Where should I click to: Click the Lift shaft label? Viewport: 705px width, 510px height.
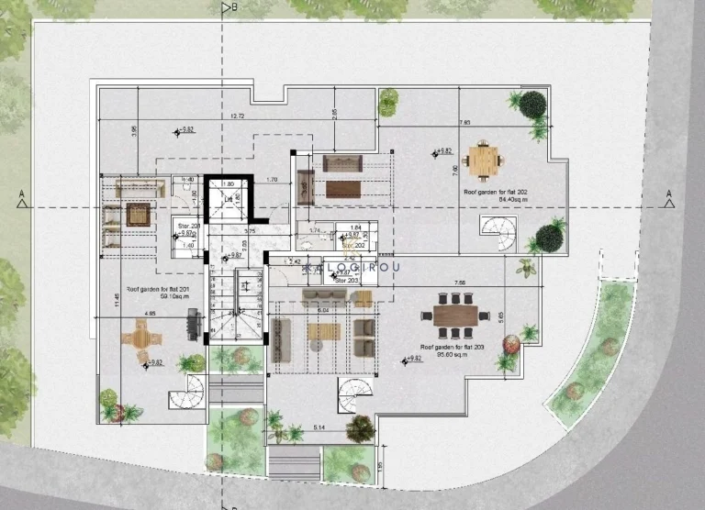(228, 198)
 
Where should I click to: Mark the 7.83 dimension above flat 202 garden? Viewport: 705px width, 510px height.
(464, 121)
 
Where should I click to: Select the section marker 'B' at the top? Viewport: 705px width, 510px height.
(235, 7)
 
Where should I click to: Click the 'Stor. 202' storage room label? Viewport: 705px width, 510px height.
(354, 245)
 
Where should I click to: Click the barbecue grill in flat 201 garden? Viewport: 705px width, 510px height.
(193, 324)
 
